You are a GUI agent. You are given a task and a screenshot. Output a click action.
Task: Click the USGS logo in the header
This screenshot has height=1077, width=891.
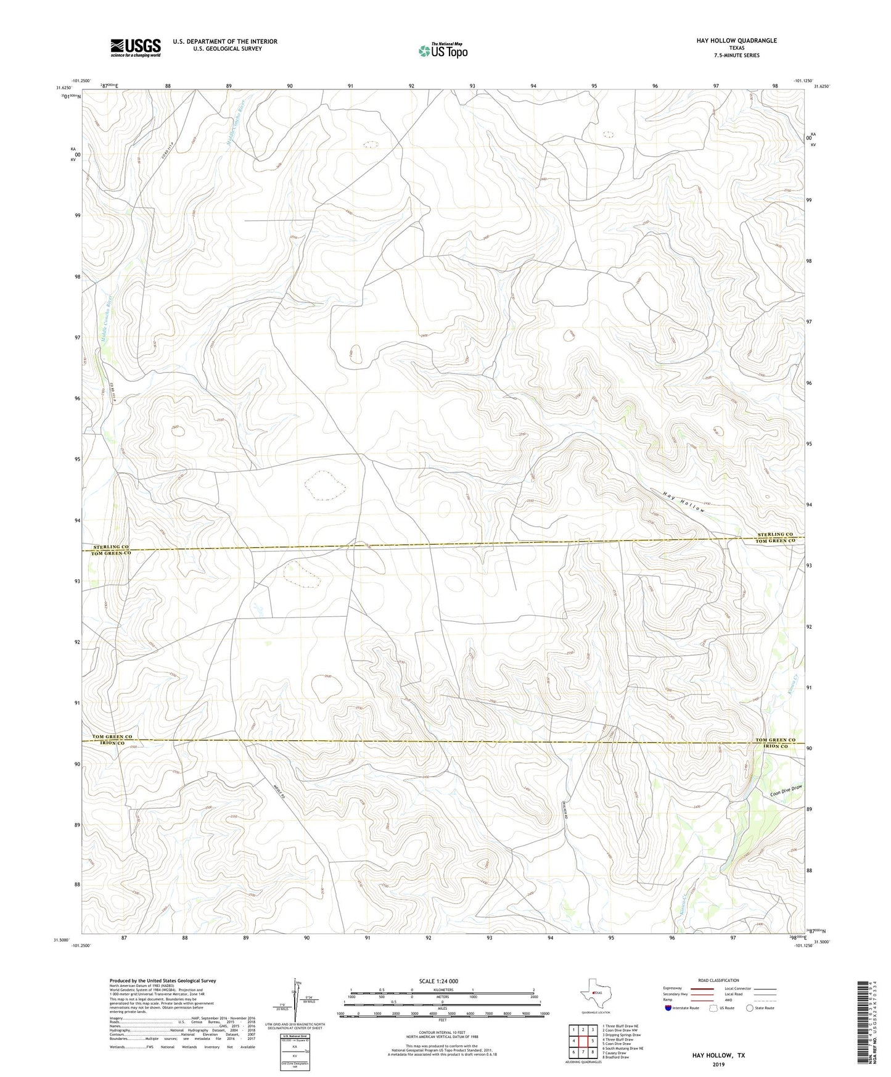tap(136, 47)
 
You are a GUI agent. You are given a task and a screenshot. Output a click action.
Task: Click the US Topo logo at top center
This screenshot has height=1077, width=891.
tap(442, 51)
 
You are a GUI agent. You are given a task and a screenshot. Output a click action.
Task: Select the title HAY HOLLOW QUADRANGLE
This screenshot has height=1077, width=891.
tap(728, 41)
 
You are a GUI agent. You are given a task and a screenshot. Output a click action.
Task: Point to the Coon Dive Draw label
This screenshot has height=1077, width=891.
tap(786, 790)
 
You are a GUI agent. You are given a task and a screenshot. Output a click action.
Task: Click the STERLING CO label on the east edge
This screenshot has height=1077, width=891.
tap(776, 534)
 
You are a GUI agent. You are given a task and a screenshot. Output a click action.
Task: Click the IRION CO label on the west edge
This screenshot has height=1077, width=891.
tap(109, 744)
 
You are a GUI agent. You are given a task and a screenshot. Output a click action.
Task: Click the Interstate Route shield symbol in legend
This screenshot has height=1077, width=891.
tap(668, 1008)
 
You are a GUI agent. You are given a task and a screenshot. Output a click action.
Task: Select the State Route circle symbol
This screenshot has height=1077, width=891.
tap(750, 1008)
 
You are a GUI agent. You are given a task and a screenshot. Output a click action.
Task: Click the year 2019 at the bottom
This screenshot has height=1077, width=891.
tap(718, 1065)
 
